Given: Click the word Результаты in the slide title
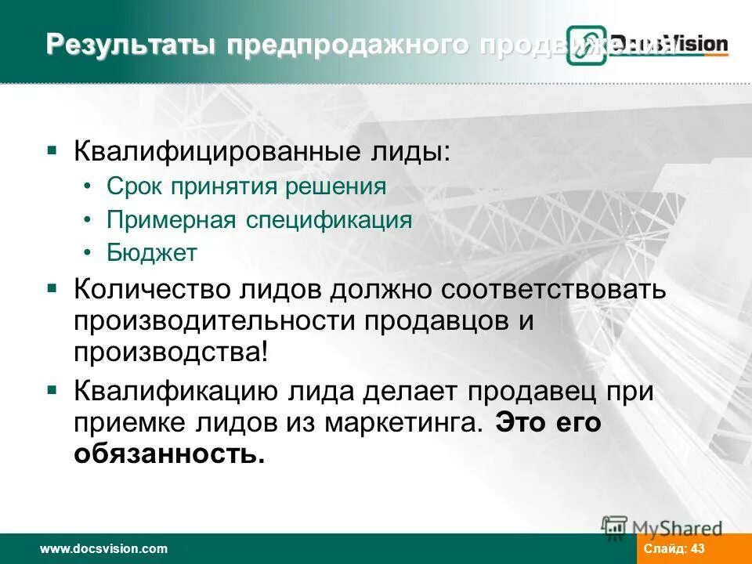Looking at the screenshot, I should [131, 45].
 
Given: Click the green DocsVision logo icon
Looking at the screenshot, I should [587, 45].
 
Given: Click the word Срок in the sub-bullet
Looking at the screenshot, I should [133, 186].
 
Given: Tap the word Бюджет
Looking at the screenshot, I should [152, 252].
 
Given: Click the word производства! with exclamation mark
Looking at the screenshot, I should [171, 352].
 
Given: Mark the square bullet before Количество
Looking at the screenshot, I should [52, 287].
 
